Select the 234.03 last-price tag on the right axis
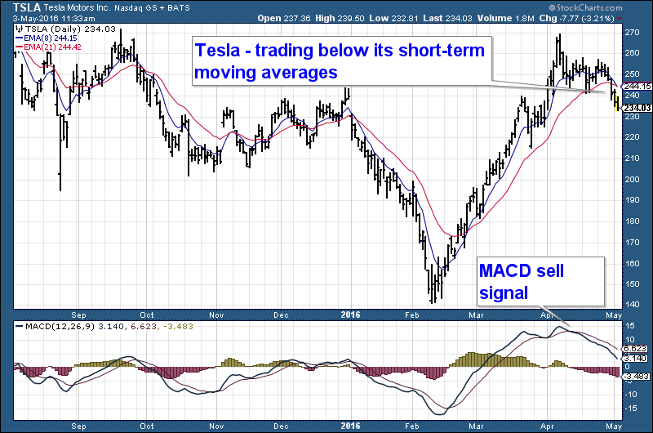[x=637, y=108]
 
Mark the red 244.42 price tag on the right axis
[x=637, y=86]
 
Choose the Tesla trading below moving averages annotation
[x=340, y=61]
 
